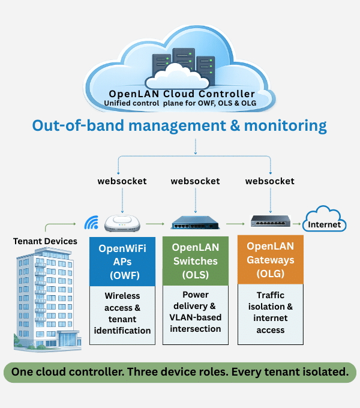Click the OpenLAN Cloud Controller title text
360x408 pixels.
(182, 94)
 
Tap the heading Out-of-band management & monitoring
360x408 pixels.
(179, 126)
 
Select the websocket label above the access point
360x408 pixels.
(122, 181)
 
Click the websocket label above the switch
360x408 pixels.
(195, 181)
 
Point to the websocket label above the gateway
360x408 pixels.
(270, 181)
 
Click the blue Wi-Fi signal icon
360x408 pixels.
(91, 224)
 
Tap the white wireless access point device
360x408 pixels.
(122, 224)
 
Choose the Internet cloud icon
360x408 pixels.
(324, 220)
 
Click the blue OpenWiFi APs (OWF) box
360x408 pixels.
(122, 262)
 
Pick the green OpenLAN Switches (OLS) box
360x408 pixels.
(196, 262)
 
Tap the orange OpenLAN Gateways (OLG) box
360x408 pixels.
(271, 260)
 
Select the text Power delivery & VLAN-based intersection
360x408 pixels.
(196, 311)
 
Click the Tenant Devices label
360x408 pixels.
(45, 241)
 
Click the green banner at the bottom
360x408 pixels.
(180, 372)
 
